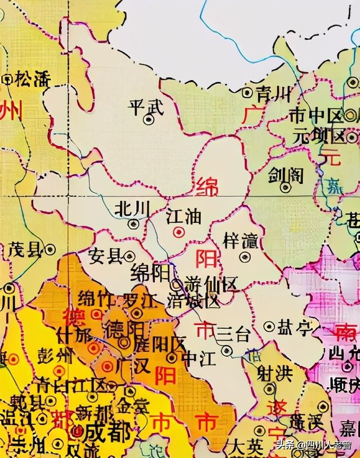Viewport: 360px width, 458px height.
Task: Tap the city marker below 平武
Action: [148, 119]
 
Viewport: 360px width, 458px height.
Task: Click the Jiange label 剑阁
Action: [285, 175]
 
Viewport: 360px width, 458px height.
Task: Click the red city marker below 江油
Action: [178, 231]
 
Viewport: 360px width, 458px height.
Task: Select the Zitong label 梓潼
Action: [241, 241]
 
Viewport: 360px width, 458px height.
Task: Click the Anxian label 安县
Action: [105, 256]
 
